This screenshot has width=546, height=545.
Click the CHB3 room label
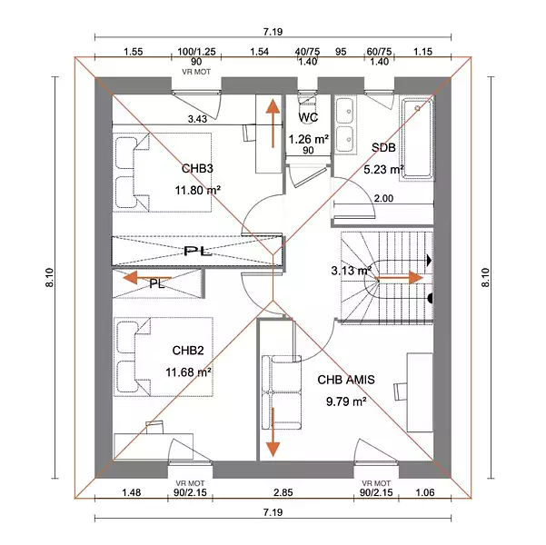tap(197, 169)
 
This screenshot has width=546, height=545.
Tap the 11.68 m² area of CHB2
tap(188, 372)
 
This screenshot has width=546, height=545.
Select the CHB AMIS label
tap(346, 380)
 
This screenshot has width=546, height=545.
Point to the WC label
tap(308, 117)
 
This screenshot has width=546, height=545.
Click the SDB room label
tap(383, 148)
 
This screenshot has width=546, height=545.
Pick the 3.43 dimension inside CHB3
tap(197, 119)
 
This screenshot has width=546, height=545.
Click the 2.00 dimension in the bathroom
tap(383, 199)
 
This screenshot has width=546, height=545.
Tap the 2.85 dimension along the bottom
tap(283, 492)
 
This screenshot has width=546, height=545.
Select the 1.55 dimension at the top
tap(134, 52)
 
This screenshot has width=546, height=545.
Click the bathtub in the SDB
tap(417, 138)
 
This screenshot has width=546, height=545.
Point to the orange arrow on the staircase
tap(400, 278)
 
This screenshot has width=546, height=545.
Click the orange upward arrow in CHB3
tap(273, 123)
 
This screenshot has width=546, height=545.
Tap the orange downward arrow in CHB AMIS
tap(273, 431)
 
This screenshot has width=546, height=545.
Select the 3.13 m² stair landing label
tap(351, 271)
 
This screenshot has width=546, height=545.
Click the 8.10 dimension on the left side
tap(49, 278)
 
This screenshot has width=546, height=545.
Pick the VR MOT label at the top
tap(196, 72)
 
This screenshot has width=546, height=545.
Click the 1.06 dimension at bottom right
tap(425, 492)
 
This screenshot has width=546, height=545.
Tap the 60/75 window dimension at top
tap(379, 52)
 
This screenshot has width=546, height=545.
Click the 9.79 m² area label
tap(346, 401)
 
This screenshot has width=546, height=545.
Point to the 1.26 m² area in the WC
tap(309, 139)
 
